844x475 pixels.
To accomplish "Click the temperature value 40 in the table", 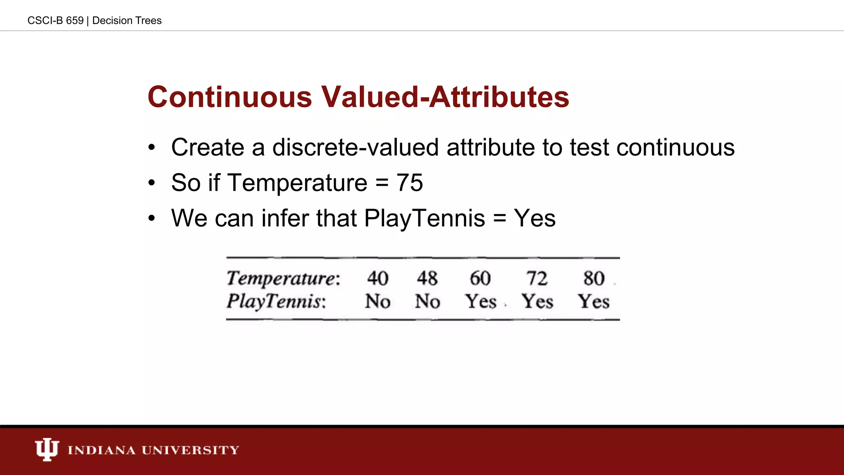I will [377, 278].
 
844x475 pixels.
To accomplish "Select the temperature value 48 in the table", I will [427, 278].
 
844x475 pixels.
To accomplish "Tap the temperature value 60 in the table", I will [480, 278].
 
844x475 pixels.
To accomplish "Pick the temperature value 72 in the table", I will [537, 278].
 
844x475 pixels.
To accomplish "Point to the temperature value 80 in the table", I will [594, 278].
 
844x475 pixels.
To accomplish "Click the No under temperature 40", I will [377, 301].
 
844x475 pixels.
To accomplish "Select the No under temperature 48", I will [427, 301].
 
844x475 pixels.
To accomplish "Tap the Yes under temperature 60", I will [481, 301].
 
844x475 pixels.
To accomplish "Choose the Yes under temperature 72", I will [537, 301].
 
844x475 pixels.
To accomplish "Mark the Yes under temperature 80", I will [593, 301].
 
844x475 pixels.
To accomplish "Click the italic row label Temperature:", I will [284, 279].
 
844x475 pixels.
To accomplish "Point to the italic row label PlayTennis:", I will [276, 301].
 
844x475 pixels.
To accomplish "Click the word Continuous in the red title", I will [230, 97].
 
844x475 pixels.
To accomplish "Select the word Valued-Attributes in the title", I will [445, 97].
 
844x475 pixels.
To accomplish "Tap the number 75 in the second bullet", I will [410, 183].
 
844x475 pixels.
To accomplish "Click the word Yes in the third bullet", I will [535, 218].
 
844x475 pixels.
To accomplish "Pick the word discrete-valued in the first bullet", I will [355, 148].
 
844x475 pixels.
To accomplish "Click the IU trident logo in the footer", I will [47, 449].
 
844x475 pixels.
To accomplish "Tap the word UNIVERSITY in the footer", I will [190, 450].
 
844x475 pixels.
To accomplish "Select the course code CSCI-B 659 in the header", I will [55, 21].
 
